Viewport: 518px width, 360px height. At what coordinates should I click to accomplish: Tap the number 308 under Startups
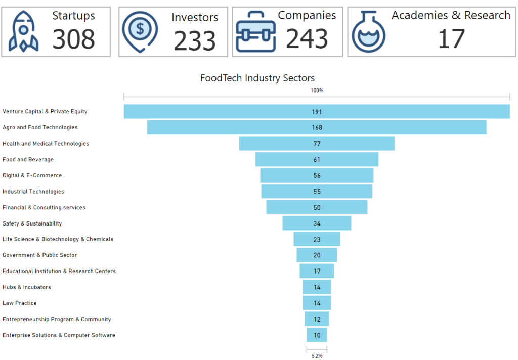(x=73, y=39)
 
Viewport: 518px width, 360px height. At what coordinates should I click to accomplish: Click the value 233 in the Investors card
(x=194, y=41)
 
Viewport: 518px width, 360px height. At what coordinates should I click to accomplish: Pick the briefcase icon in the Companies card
(x=255, y=32)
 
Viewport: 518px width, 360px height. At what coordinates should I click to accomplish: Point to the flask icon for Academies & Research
(x=369, y=33)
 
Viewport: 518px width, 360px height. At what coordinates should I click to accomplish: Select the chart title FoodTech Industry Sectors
(x=257, y=78)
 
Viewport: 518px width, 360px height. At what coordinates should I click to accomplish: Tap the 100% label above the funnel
(x=317, y=91)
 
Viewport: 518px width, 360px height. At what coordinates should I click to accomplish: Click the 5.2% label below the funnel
(x=317, y=356)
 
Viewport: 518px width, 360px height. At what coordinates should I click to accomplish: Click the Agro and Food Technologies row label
(x=40, y=127)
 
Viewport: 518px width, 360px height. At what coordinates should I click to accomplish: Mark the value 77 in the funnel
(x=317, y=144)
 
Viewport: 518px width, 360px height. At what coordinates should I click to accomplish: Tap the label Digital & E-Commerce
(x=32, y=175)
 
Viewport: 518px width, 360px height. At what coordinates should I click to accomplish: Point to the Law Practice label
(x=19, y=303)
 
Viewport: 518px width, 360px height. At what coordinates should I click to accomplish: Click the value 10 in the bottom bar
(x=317, y=335)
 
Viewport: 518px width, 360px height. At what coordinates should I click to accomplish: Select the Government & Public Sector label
(x=39, y=255)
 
